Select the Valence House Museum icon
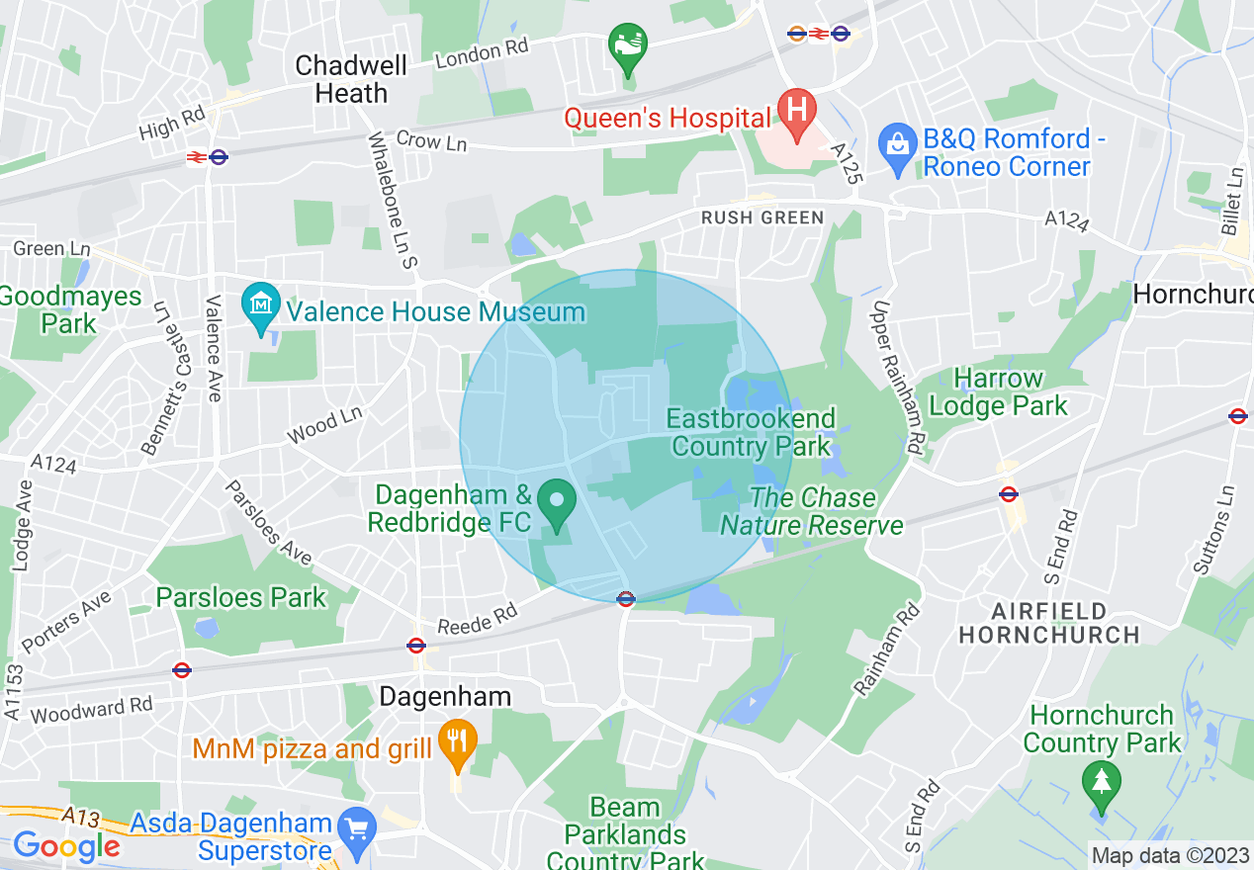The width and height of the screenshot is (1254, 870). point(261,308)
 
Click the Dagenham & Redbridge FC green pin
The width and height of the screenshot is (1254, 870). point(556,502)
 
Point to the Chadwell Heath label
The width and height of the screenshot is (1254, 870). point(351,80)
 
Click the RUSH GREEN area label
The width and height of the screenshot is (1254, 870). point(761,217)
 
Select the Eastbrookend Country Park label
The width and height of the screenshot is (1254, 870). point(751,432)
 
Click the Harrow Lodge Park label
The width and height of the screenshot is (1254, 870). point(999,391)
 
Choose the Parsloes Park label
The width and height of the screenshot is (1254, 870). point(240,597)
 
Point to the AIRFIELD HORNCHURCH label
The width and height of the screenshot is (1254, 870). point(1049,622)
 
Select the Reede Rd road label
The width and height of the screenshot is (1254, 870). point(478,621)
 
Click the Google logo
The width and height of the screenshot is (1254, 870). point(65,846)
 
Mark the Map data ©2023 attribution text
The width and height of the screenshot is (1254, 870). point(1170,855)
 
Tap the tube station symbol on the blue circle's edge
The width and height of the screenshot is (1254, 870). point(625,598)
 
